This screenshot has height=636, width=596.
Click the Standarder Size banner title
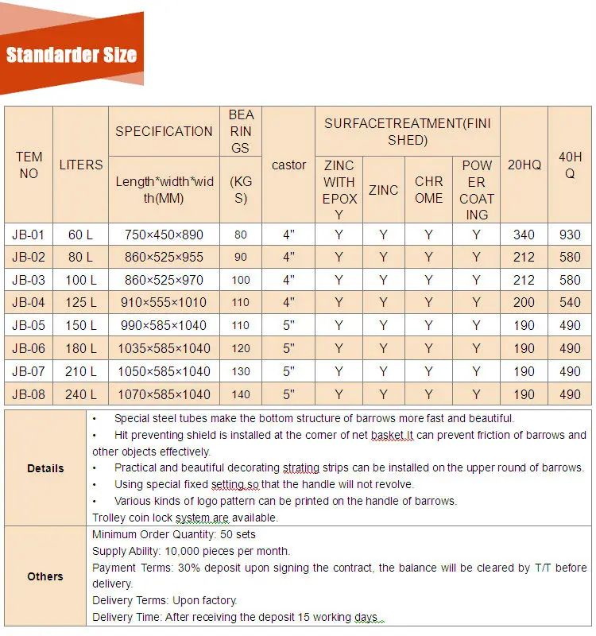[x=72, y=55]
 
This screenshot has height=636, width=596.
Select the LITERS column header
[x=80, y=165]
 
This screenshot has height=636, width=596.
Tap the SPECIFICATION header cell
[x=164, y=131]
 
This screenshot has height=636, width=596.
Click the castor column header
[x=288, y=165]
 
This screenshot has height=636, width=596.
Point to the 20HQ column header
[x=524, y=165]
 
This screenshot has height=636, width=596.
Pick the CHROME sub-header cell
[x=428, y=189]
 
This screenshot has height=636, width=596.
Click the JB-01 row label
[x=29, y=235]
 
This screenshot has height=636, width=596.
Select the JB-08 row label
[x=29, y=394]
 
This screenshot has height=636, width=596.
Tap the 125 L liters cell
[x=80, y=302]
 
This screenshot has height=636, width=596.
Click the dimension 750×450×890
[x=164, y=235]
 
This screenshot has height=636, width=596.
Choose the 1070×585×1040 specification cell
[x=164, y=394]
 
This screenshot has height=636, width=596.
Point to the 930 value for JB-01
[x=570, y=235]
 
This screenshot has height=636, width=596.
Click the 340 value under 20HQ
[x=524, y=235]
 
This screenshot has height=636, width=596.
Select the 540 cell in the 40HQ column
[x=570, y=302]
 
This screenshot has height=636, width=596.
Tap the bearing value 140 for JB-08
[x=240, y=394]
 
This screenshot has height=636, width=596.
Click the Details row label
[x=45, y=468]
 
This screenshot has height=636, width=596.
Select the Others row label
[x=45, y=576]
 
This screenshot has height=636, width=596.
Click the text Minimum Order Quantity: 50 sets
[x=174, y=534]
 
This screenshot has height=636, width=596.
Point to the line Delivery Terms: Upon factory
[x=164, y=600]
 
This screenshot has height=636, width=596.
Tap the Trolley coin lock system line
[x=185, y=518]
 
